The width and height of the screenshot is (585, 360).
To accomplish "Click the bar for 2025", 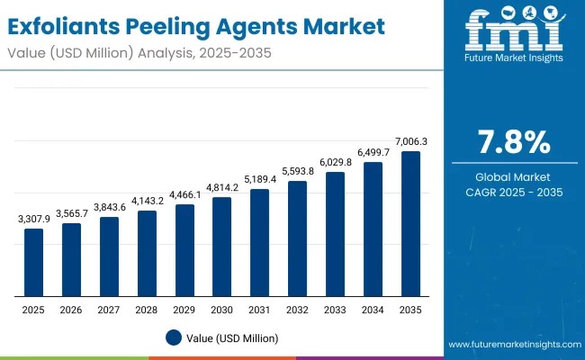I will click(33, 262).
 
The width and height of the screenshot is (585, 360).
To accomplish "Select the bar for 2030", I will click(222, 247).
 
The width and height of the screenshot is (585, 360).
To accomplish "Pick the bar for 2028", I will click(147, 253).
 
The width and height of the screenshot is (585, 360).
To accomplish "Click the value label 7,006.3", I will click(410, 141).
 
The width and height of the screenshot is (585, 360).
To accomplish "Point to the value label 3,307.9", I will click(33, 219).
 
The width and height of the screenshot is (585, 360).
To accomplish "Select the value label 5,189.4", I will click(259, 179).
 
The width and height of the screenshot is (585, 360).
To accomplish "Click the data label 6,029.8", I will click(335, 162).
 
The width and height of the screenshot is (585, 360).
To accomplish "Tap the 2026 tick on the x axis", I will click(71, 309).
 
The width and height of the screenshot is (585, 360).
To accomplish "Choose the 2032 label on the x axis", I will click(297, 309).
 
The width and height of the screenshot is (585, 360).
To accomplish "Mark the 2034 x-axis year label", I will click(373, 309).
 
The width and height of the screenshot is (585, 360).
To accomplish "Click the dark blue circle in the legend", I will click(175, 337).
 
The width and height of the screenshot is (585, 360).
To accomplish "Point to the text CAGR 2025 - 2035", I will click(514, 193).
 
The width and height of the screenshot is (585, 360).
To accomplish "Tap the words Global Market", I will click(514, 177).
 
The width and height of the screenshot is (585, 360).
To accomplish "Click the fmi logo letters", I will click(514, 34).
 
